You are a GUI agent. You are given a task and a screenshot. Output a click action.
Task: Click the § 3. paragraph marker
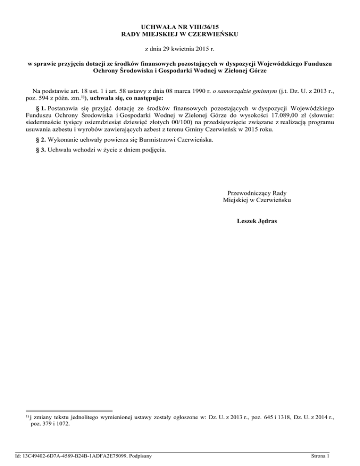click(x=40, y=151)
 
